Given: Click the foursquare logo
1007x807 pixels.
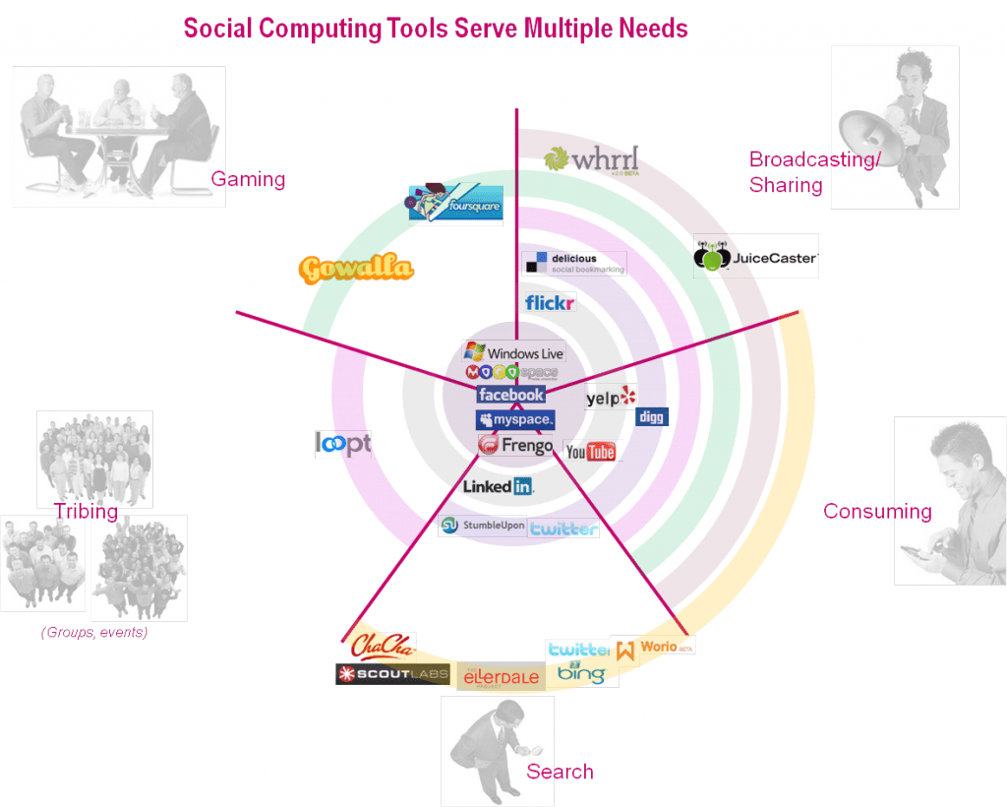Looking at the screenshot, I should pyautogui.click(x=455, y=205).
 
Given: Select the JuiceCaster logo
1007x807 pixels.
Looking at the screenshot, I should pyautogui.click(x=755, y=258).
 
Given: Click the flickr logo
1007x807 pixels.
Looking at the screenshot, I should pyautogui.click(x=549, y=302).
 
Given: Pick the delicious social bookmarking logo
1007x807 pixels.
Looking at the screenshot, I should pyautogui.click(x=573, y=263).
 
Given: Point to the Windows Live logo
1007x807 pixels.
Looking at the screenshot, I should pyautogui.click(x=514, y=352).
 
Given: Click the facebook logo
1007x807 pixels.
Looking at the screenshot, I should pyautogui.click(x=511, y=395).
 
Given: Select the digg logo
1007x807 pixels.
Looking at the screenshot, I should pyautogui.click(x=652, y=417).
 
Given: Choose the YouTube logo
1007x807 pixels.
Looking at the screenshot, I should pyautogui.click(x=592, y=452).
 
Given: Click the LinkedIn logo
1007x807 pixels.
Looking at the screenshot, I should pyautogui.click(x=498, y=486).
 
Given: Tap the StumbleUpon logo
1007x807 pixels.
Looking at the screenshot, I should pyautogui.click(x=483, y=526).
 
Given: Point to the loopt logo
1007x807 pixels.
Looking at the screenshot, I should pyautogui.click(x=343, y=444).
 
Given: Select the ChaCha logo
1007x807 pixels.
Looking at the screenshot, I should pyautogui.click(x=383, y=647).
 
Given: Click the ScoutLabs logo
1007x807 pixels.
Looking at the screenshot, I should pyautogui.click(x=392, y=675).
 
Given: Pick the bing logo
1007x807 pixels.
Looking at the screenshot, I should pyautogui.click(x=581, y=674).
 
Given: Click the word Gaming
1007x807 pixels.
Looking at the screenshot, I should pyautogui.click(x=248, y=180).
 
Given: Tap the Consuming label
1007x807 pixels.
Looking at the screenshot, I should pyautogui.click(x=876, y=512).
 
